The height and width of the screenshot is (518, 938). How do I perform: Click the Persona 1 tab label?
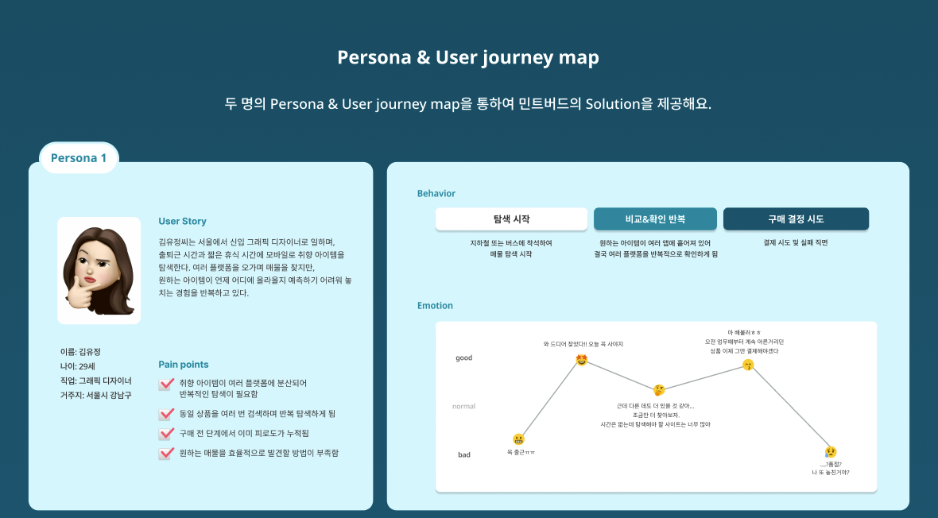pyautogui.click(x=79, y=158)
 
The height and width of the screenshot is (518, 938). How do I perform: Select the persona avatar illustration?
pyautogui.click(x=99, y=270)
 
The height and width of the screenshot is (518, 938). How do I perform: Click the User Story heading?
pyautogui.click(x=182, y=222)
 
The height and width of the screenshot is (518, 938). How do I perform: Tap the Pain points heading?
pyautogui.click(x=184, y=365)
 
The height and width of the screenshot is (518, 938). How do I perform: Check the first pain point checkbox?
pyautogui.click(x=166, y=385)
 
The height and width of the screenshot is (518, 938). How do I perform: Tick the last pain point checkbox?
pyautogui.click(x=166, y=454)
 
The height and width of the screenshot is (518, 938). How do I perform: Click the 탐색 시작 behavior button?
pyautogui.click(x=511, y=219)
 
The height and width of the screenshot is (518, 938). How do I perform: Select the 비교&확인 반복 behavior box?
pyautogui.click(x=655, y=219)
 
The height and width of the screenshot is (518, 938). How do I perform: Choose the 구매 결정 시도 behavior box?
pyautogui.click(x=796, y=219)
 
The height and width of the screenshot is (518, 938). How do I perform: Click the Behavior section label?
pyautogui.click(x=436, y=194)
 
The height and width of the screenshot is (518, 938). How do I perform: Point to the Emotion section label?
pyautogui.click(x=435, y=306)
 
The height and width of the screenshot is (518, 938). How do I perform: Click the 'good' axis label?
pyautogui.click(x=463, y=358)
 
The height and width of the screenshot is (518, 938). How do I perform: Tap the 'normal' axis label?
pyautogui.click(x=463, y=407)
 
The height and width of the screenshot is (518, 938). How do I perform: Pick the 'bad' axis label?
pyautogui.click(x=463, y=455)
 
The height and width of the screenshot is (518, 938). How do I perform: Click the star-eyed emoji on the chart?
pyautogui.click(x=582, y=360)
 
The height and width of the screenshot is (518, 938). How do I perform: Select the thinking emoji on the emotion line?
pyautogui.click(x=659, y=390)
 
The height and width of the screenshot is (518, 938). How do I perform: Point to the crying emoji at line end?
pyautogui.click(x=831, y=452)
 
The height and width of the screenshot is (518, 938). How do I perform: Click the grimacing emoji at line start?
pyautogui.click(x=519, y=439)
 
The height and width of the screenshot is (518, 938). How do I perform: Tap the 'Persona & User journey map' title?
pyautogui.click(x=468, y=58)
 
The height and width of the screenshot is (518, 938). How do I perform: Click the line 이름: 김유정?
pyautogui.click(x=80, y=352)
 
